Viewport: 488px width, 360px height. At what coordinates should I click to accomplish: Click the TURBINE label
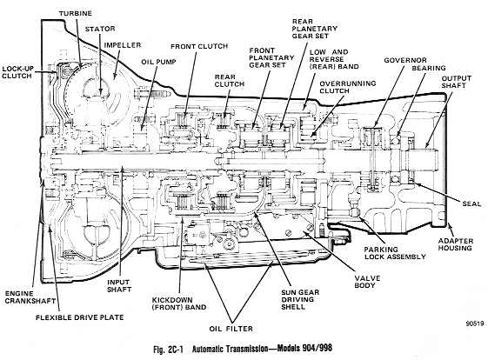coord(76,13)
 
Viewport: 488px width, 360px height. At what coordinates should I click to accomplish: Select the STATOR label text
coord(100,29)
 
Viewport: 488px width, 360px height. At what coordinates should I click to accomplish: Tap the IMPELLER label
coord(123,45)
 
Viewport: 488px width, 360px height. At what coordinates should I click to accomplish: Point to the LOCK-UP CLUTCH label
coord(17,72)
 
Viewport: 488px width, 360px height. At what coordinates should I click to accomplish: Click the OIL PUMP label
coord(158,62)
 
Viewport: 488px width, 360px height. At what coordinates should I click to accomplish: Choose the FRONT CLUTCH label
coord(199,46)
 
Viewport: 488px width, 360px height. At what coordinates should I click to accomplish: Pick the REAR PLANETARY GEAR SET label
coord(315,29)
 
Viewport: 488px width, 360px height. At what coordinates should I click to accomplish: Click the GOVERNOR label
coord(405,60)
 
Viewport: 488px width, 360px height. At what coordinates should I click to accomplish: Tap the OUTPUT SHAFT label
coord(457,82)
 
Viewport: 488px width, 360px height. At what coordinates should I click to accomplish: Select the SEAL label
coord(471,203)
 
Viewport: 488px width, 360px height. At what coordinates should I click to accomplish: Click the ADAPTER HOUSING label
coord(456,244)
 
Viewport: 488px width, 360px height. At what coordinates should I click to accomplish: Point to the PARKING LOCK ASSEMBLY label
coord(395,253)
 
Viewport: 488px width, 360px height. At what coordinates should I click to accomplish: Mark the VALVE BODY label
coord(367,282)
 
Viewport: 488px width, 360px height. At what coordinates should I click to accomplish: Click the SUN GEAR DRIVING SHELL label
coord(300,299)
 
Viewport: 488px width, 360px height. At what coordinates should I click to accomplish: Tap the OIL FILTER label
coord(231,329)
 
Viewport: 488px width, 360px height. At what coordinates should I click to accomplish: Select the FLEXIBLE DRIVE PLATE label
coord(80,317)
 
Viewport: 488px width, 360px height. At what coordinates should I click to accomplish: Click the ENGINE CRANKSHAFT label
coord(30,297)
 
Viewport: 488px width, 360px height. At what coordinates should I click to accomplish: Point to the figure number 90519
coord(475,323)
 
